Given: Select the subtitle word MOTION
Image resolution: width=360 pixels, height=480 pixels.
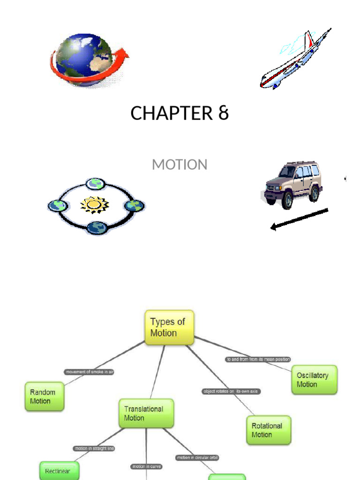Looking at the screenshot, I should (180, 165).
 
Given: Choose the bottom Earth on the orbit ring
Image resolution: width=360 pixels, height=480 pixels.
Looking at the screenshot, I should (97, 228).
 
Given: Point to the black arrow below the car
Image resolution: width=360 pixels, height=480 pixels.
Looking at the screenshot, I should (299, 219).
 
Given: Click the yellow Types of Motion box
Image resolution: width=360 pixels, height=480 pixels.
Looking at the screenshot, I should (169, 327).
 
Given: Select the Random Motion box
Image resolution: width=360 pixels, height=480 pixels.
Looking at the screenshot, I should (44, 397).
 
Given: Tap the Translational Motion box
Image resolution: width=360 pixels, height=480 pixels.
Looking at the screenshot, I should (146, 413).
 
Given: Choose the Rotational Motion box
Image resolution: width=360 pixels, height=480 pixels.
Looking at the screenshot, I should (268, 430).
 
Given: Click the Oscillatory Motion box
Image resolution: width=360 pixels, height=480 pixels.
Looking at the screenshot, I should (313, 380).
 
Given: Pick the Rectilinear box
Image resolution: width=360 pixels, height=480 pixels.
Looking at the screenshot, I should (59, 470).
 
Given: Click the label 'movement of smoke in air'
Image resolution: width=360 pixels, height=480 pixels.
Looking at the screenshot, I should (90, 372).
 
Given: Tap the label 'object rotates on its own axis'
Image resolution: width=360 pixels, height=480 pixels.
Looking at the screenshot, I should (231, 391).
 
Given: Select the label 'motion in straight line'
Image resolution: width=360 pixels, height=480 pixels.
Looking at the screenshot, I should (95, 449).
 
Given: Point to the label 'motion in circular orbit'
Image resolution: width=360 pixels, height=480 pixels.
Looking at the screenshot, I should (197, 457).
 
